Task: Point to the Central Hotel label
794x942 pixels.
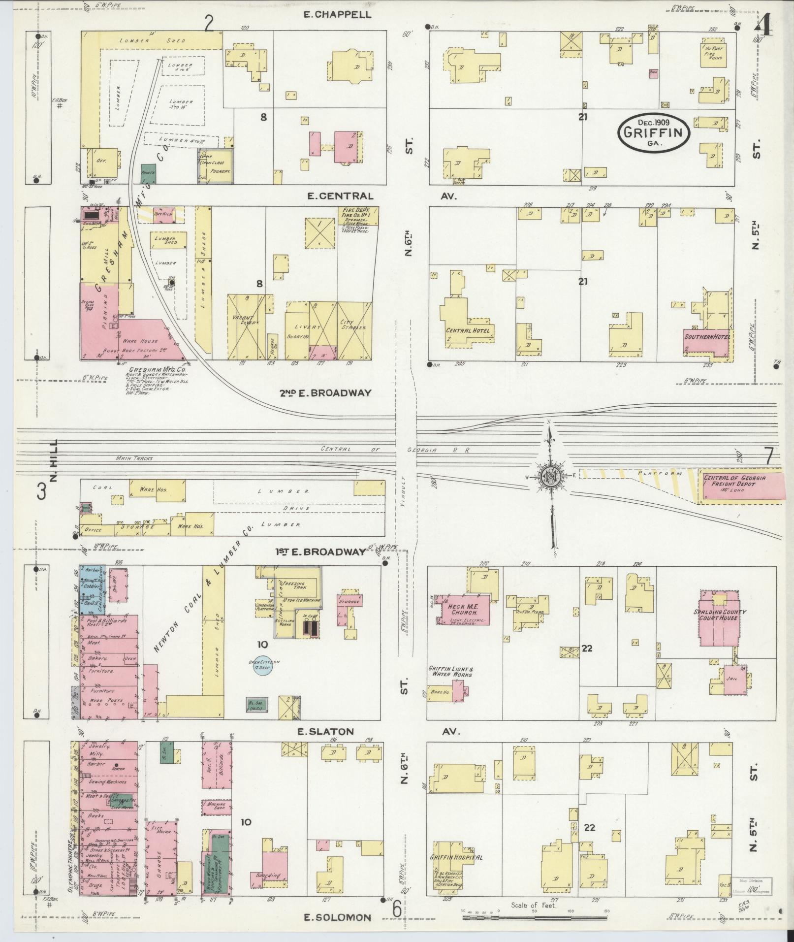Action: coord(468,330)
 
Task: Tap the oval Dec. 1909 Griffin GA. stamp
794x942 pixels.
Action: coord(654,132)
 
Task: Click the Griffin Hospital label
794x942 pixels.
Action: coord(456,857)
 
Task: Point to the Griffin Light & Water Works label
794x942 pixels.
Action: coord(451,671)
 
